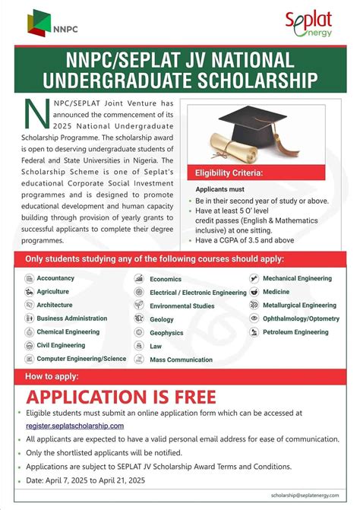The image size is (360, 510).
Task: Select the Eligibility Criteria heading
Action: click(x=229, y=173)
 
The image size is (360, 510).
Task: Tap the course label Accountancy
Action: click(x=55, y=278)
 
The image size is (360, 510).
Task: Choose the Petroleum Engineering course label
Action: click(x=295, y=332)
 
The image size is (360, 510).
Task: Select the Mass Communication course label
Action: click(x=181, y=360)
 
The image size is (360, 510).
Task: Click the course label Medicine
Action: click(x=276, y=291)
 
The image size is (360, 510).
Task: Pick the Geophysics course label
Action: click(x=166, y=333)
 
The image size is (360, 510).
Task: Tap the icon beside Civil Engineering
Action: click(x=29, y=345)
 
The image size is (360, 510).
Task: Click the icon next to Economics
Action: click(x=140, y=278)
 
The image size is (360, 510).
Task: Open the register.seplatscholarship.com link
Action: click(x=74, y=426)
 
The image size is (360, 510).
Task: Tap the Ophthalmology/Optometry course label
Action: click(x=301, y=318)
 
